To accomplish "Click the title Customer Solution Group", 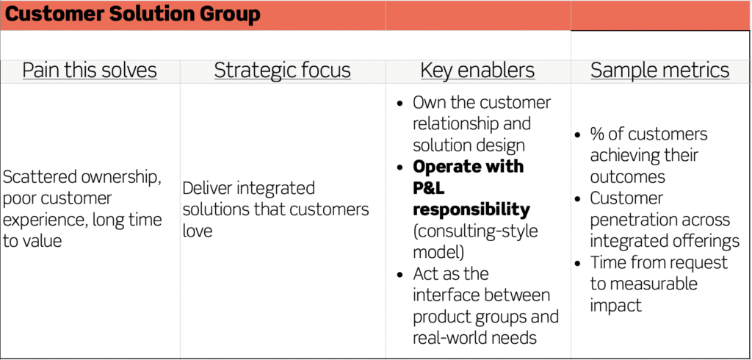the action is [x=132, y=15].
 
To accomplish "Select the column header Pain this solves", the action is [x=90, y=71].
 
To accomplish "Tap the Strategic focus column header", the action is [x=283, y=71].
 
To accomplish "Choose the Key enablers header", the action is [x=477, y=71].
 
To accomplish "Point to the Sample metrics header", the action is [x=660, y=71].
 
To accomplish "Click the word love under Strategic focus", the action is [x=197, y=231].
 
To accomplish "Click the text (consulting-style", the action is [x=475, y=231].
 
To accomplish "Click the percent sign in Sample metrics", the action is [x=597, y=134].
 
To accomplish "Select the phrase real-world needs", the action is [x=474, y=337].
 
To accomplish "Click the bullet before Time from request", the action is [x=579, y=264].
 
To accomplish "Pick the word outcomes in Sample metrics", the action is [x=628, y=177].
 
